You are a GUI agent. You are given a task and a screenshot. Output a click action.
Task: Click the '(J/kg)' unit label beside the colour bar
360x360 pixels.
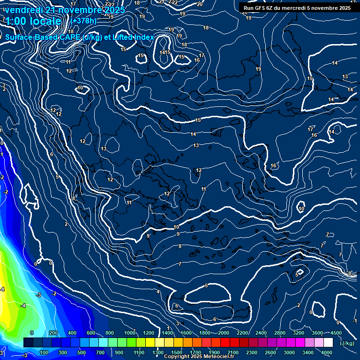click(x=346, y=343)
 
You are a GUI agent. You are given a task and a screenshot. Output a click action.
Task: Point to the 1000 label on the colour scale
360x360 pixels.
click(x=129, y=333)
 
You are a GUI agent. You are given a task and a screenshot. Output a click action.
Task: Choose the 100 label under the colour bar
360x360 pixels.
click(x=45, y=352)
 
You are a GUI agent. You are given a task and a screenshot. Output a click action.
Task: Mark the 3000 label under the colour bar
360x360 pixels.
click(x=289, y=352)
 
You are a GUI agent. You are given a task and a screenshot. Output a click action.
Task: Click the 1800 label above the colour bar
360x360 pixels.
click(x=204, y=333)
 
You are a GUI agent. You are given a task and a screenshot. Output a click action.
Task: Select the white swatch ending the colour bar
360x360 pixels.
click(x=328, y=343)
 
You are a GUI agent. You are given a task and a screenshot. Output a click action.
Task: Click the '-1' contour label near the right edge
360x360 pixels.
click(x=355, y=321)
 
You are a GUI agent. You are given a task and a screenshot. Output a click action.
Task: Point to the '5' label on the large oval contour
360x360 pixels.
click(x=206, y=285)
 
